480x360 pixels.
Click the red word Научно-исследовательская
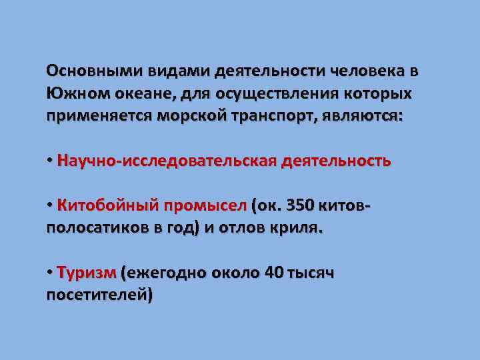(166, 161)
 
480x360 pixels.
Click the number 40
(273, 273)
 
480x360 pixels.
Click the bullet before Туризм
(50, 273)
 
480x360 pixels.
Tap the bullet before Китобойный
(50, 205)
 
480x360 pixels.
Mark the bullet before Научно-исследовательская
(50, 161)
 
